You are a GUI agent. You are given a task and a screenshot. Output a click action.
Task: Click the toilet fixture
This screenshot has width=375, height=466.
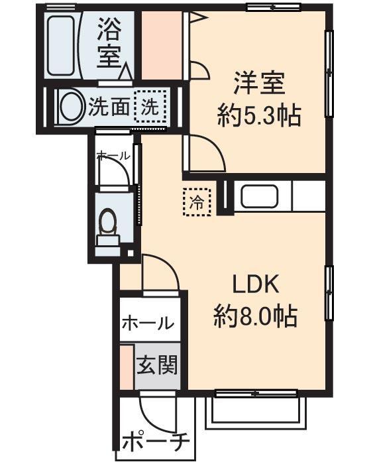107,225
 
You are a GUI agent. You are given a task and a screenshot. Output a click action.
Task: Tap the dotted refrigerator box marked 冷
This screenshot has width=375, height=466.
197,201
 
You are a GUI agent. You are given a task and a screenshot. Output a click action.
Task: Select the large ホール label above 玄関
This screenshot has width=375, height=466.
148,323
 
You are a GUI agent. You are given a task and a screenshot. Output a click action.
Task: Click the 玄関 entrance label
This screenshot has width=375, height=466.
157,365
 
